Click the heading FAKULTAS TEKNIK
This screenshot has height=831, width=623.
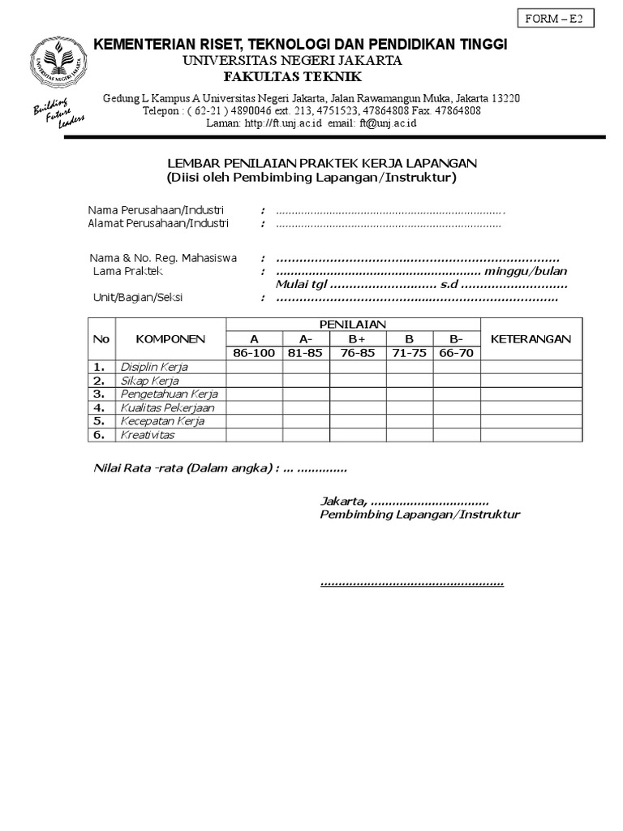[x=292, y=76]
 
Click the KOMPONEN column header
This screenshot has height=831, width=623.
[x=170, y=339]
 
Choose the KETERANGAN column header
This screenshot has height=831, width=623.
[x=531, y=339]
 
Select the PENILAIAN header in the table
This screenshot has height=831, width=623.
[x=353, y=325]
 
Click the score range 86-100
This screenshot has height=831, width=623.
[x=254, y=353]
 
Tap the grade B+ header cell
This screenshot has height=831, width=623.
[x=358, y=339]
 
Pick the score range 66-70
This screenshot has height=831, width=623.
[x=457, y=353]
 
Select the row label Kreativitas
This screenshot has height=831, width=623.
[x=148, y=435]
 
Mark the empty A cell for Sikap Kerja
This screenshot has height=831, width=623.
[x=254, y=381]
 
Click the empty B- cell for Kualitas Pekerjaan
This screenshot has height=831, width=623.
[x=457, y=407]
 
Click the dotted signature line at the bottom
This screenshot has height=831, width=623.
[x=412, y=583]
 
